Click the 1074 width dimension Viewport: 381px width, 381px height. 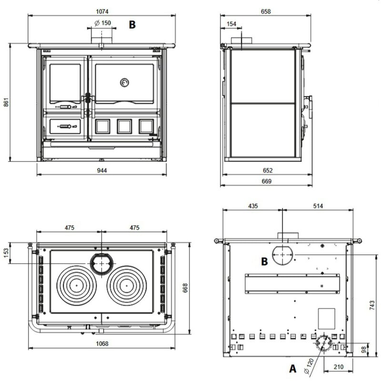point(102,11)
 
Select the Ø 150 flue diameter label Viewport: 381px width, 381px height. point(102,23)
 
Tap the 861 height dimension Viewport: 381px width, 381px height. point(6,102)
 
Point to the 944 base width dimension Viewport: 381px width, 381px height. point(102,170)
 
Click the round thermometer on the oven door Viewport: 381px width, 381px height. point(124,82)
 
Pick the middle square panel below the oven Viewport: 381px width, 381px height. point(124,126)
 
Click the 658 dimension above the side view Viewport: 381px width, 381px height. point(266,11)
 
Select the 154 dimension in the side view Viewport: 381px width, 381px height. point(231,24)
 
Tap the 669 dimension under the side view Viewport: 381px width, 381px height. point(267,181)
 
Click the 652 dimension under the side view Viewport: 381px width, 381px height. point(268,170)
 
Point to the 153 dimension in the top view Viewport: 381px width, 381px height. point(6,253)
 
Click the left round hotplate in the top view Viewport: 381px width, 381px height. point(77,286)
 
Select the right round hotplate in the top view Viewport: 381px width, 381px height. point(127,286)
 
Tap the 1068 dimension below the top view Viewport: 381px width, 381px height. point(102,343)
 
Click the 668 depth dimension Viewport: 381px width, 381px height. point(185,288)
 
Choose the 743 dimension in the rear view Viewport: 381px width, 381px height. point(372,305)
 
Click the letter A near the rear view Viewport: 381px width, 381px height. point(293,369)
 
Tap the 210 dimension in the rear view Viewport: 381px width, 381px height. point(339,367)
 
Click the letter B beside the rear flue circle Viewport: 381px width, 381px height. point(264,261)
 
